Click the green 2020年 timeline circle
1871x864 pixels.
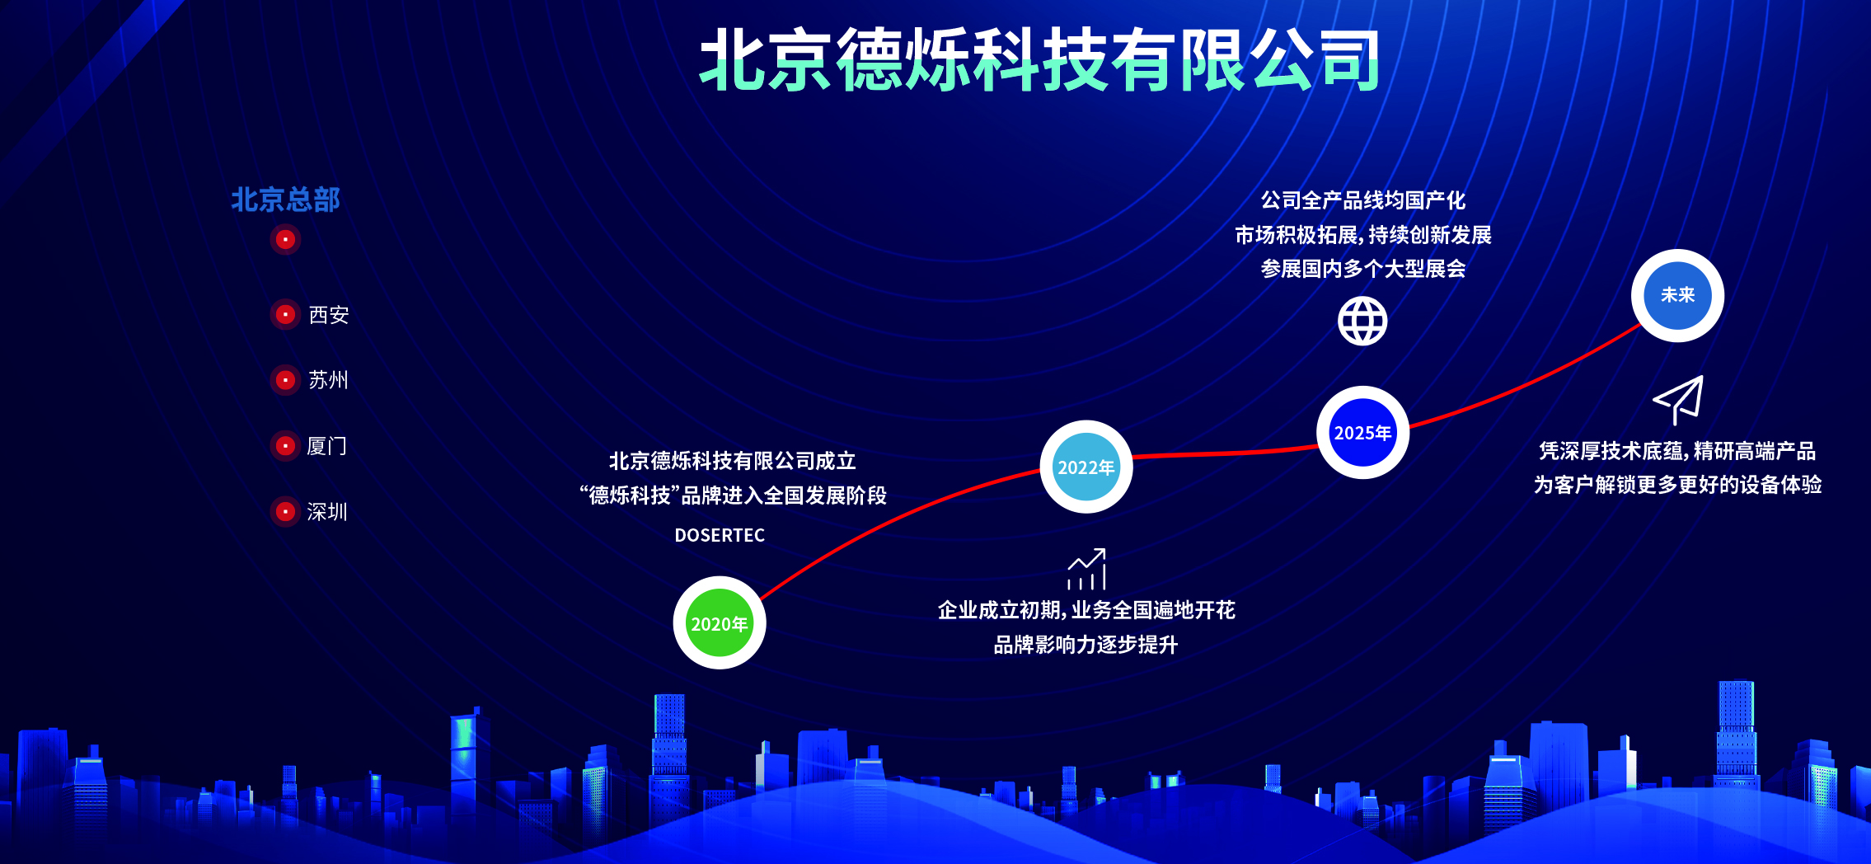click(719, 622)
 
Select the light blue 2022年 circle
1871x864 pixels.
click(1086, 467)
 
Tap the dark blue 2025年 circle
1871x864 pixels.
click(1362, 432)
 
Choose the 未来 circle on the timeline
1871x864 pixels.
click(1677, 295)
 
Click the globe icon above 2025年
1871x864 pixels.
click(1362, 321)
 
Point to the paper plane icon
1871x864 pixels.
click(1678, 399)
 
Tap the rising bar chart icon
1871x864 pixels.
click(1086, 569)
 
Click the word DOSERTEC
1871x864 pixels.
click(720, 535)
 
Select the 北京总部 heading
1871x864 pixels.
click(285, 200)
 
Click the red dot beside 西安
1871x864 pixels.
click(285, 314)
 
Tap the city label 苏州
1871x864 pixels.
click(328, 380)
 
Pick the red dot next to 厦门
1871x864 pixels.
click(285, 446)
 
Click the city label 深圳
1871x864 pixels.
click(327, 512)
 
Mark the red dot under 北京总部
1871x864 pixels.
click(285, 239)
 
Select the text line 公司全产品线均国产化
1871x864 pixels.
click(1362, 200)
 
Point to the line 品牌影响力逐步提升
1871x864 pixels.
click(1086, 645)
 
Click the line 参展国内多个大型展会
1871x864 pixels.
click(1362, 269)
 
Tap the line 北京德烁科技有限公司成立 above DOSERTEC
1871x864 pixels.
click(732, 461)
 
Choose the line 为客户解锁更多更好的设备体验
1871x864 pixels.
click(1677, 485)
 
